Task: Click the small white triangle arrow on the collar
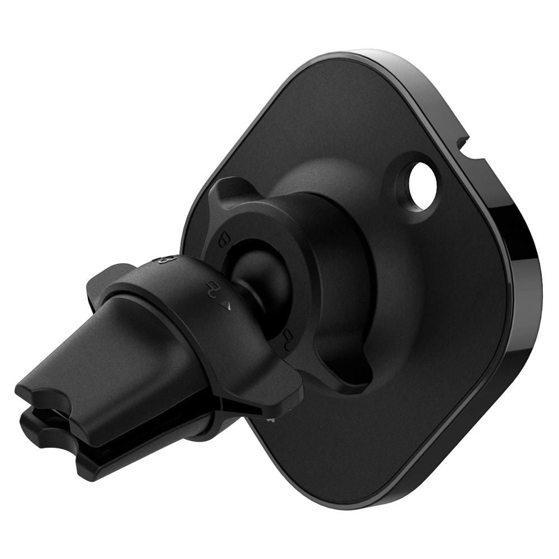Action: tap(226, 305)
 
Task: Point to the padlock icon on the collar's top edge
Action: tap(166, 259)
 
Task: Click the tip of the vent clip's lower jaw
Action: tap(45, 442)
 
